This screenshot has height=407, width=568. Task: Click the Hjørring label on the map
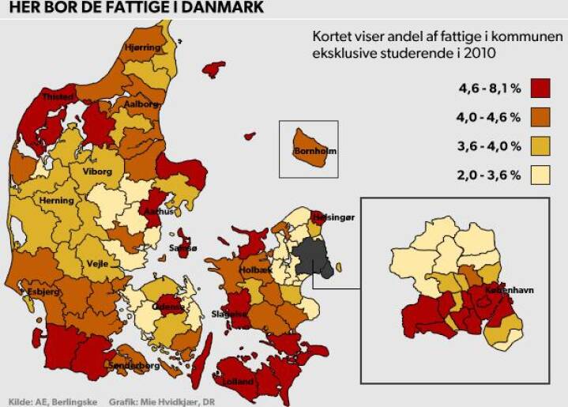143,48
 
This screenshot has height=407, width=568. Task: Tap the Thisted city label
58,96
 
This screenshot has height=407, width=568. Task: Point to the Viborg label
96,171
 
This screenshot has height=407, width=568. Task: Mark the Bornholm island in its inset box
309,149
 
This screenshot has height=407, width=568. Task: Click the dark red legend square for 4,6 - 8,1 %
540,88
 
